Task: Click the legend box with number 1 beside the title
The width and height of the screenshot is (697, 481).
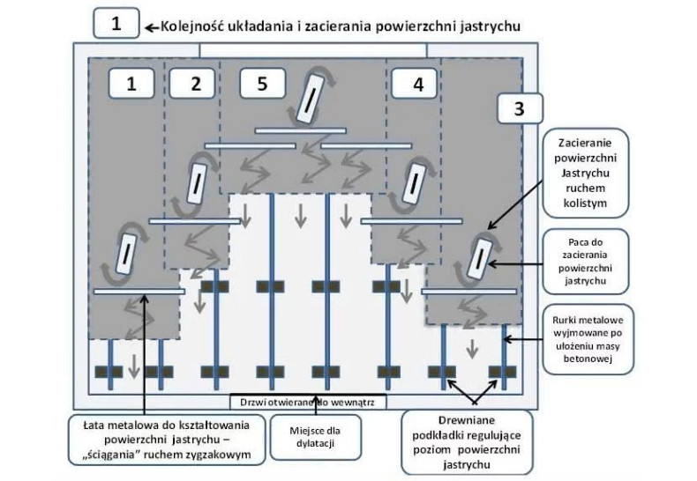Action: (x=116, y=22)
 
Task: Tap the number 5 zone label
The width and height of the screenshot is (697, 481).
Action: (x=262, y=84)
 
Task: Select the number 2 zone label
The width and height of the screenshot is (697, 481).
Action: (x=196, y=84)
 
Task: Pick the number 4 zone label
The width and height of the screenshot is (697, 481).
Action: (x=407, y=84)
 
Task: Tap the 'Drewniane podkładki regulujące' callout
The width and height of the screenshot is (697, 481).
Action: (x=467, y=444)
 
